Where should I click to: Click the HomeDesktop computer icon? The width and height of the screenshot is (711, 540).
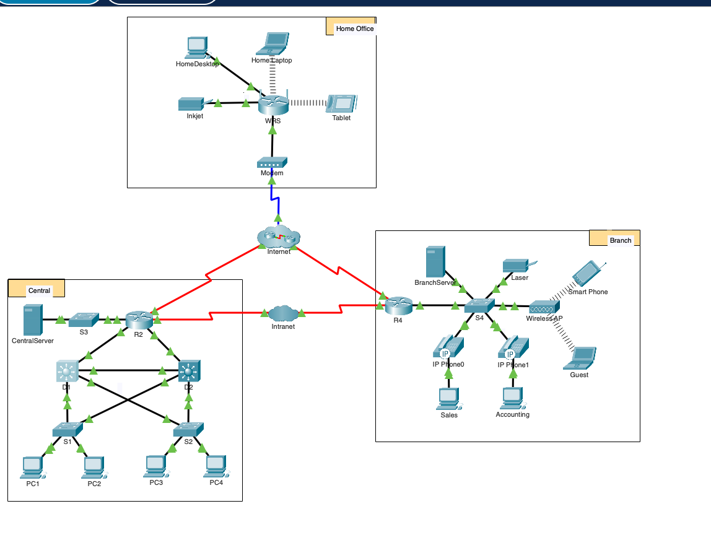pos(196,48)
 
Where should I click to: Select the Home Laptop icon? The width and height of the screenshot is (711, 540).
pos(273,43)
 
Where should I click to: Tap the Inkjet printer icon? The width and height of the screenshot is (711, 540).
pos(191,104)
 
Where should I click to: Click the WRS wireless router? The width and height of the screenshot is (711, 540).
pos(273,105)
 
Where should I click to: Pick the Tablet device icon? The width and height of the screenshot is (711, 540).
pos(341,103)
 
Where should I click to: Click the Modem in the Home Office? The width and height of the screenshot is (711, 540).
pos(271,163)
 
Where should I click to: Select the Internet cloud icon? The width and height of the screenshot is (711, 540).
pos(278,237)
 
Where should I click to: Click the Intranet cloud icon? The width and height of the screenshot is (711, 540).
pos(283,313)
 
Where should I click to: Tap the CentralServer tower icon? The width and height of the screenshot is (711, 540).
pos(32,320)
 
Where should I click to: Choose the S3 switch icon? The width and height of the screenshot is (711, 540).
pos(84,320)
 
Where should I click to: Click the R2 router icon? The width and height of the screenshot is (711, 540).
pos(138,320)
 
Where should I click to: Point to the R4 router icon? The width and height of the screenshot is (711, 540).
pos(398,305)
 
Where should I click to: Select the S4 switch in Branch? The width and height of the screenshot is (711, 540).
pos(479,305)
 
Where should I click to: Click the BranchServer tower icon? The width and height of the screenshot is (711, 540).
pos(435,262)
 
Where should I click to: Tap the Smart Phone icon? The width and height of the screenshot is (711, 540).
pos(587,274)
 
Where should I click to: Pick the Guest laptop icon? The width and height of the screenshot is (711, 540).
pos(583,357)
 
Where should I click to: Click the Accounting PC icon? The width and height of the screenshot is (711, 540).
pos(512,398)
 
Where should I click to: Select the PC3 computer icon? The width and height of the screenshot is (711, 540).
pos(156,466)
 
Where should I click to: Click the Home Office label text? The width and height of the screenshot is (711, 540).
pos(354,28)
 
